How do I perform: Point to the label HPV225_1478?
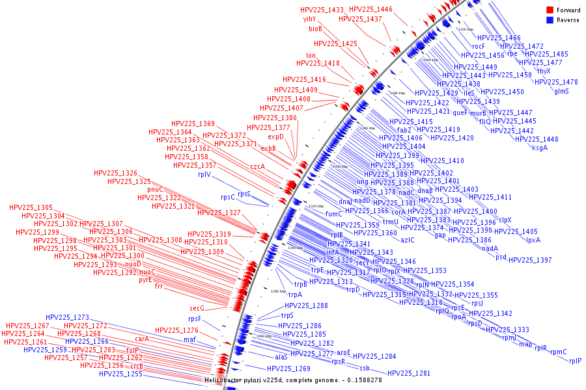click(556, 82)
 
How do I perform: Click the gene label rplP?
click(575, 361)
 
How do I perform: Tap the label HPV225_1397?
click(530, 260)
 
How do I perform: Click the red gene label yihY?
click(309, 19)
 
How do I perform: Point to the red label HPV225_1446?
click(370, 9)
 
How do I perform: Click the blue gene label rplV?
click(204, 175)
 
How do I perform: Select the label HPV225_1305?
click(31, 207)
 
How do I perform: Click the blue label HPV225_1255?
click(120, 374)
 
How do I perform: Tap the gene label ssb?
click(365, 368)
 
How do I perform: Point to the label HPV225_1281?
click(409, 373)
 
